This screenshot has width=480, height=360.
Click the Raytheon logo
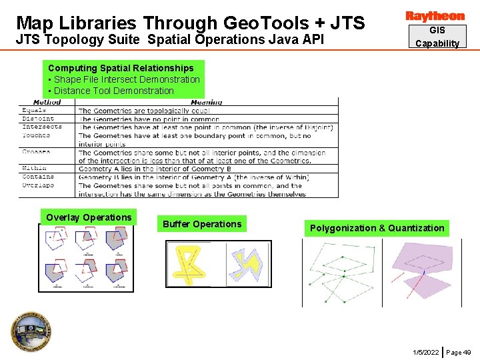435,16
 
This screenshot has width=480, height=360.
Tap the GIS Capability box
437,37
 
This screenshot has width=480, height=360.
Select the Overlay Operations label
89,217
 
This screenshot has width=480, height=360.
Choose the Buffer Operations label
202,224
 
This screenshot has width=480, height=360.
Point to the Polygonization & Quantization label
377,228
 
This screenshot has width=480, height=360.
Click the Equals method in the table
34,111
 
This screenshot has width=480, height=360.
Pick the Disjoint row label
38,119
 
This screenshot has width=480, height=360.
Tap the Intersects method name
41,127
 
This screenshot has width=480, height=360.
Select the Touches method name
36,135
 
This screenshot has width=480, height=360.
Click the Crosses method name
36,152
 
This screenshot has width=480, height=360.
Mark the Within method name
34,169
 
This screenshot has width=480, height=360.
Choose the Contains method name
38,177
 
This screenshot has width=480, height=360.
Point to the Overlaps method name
38,185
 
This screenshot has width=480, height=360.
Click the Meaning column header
207,103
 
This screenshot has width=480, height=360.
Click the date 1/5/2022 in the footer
425,351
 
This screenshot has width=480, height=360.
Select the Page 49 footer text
458,351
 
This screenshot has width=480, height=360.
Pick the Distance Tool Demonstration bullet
113,91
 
